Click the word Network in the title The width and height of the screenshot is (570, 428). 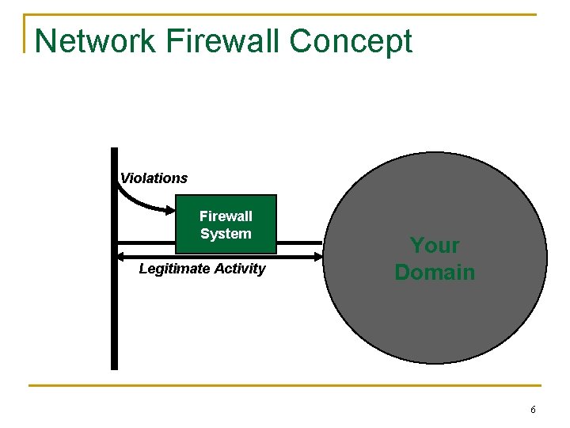[95, 41]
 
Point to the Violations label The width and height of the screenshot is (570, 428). [154, 178]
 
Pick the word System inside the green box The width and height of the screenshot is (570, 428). [226, 234]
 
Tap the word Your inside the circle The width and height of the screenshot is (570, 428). [435, 246]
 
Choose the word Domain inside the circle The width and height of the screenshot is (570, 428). [435, 273]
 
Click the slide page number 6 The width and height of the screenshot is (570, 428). [533, 410]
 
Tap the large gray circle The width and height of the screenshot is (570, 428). [435, 317]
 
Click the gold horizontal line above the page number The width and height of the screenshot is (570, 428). [285, 386]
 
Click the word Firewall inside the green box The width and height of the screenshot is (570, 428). [226, 216]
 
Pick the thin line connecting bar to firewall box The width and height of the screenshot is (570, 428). [146, 241]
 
